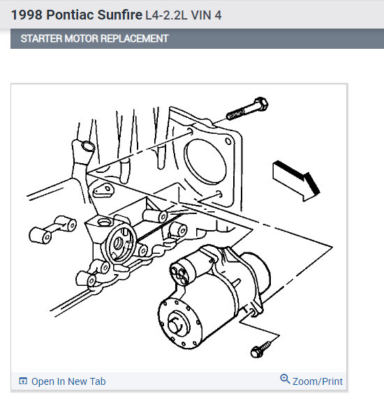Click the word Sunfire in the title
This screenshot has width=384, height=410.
[x=120, y=15]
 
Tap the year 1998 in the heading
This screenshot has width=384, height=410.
[x=27, y=15]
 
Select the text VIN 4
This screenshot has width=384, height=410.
[x=206, y=15]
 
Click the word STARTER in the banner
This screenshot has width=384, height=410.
[x=41, y=39]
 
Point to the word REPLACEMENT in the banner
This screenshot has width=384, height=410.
[x=134, y=39]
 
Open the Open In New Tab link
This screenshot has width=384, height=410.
[x=62, y=381]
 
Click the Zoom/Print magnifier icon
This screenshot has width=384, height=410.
[x=285, y=379]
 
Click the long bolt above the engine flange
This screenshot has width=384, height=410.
[x=247, y=109]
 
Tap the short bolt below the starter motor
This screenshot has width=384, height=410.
[x=261, y=349]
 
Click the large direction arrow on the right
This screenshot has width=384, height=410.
[x=296, y=181]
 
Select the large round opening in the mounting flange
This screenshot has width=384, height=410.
[x=205, y=162]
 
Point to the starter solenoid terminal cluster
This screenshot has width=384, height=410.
[x=179, y=273]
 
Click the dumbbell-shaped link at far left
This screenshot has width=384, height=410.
[x=52, y=230]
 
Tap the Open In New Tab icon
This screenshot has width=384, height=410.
[x=23, y=381]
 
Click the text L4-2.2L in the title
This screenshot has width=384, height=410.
[x=166, y=15]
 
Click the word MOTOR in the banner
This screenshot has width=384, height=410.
[x=82, y=39]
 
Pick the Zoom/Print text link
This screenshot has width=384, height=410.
[x=318, y=381]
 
